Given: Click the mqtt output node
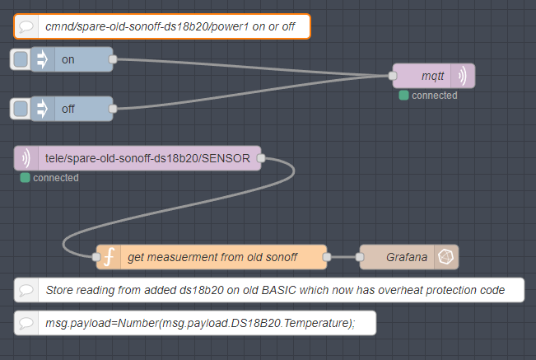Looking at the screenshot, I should point(432,76).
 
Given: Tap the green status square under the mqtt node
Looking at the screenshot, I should point(403,96).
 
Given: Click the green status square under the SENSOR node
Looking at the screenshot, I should point(25,178).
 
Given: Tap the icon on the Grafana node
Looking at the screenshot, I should point(445,257).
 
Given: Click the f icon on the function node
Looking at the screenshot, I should point(108,257).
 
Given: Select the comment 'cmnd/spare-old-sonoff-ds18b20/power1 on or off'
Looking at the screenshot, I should point(161,26).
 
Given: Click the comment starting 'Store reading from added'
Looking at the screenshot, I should point(270,290).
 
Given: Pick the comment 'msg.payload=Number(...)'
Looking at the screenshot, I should point(195,323).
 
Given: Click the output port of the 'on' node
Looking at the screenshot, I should point(113,59).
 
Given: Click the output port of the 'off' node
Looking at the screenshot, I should point(113,109).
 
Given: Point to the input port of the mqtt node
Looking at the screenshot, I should point(393,76).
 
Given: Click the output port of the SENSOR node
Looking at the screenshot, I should point(261,158).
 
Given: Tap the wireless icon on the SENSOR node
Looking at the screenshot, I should point(26,158).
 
